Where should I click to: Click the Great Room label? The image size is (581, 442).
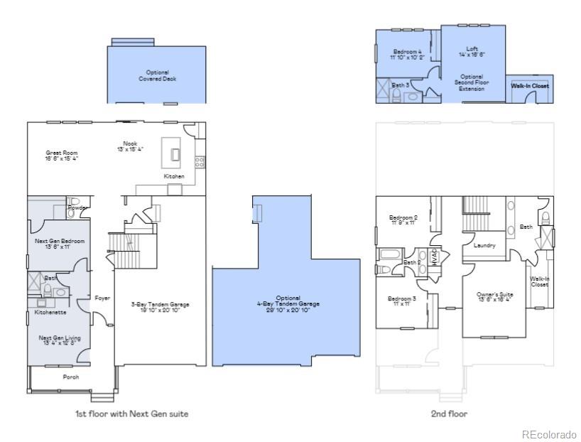[62, 156]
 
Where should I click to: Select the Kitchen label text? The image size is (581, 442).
[174, 176]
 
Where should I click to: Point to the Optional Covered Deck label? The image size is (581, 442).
[157, 75]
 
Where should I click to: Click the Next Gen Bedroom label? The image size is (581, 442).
[60, 244]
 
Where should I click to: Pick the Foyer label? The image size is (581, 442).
[102, 298]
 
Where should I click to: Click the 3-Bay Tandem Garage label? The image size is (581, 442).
[160, 307]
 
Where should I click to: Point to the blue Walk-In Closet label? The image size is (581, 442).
[530, 86]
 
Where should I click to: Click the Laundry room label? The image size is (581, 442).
[484, 246]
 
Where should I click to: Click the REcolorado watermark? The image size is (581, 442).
[549, 434]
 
